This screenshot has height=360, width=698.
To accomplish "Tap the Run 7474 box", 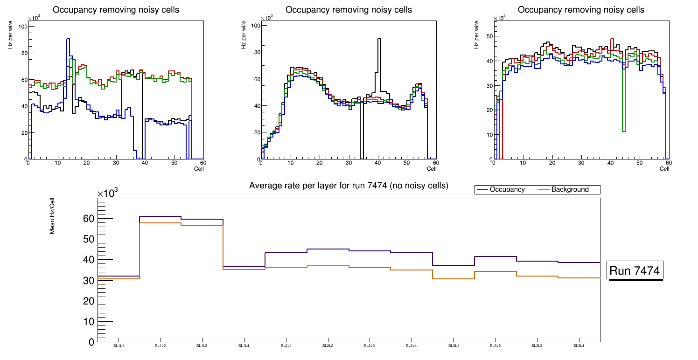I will tap(635, 270).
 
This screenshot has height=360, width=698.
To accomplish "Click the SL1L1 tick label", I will tap(119, 346).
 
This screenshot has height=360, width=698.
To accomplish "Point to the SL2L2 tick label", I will tap(328, 346).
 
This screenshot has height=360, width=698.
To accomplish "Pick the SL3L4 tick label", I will tap(579, 346).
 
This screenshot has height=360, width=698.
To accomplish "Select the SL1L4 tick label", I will tap(244, 346).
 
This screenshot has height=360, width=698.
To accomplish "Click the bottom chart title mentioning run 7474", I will tap(349, 186).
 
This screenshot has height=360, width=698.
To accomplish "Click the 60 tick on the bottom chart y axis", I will tap(88, 219).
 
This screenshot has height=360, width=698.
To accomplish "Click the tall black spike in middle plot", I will tap(379, 39).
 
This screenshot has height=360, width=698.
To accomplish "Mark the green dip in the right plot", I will tap(624, 131).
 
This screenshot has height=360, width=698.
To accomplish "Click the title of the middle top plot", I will tap(349, 10).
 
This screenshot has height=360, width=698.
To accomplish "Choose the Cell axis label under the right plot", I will tap(665, 169).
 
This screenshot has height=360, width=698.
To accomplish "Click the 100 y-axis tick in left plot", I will tap(22, 27).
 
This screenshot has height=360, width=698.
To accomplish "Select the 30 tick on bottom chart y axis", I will tap(88, 281).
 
